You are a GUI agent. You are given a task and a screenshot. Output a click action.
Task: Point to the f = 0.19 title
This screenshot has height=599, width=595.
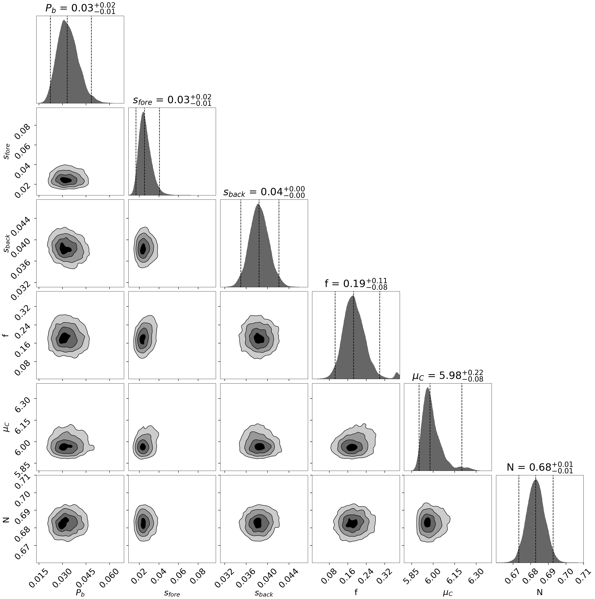[356, 283]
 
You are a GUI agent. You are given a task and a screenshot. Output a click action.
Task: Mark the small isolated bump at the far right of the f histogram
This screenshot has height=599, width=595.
[397, 375]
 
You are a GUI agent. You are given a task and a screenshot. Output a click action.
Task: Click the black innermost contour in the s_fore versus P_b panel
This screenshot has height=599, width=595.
[66, 180]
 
